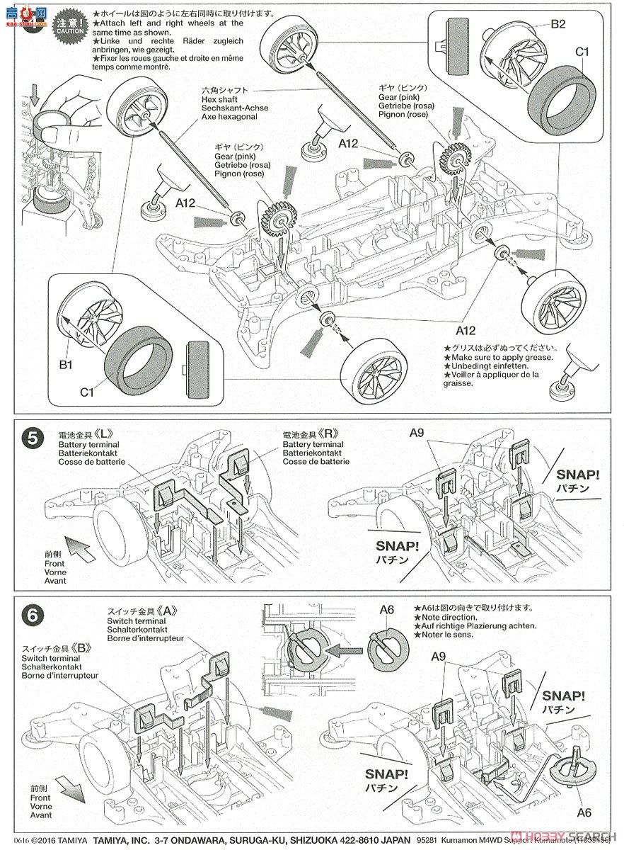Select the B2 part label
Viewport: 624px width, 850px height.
[x=558, y=23]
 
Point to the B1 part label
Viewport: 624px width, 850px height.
[x=67, y=365]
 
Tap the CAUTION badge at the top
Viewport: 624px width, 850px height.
[x=71, y=23]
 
